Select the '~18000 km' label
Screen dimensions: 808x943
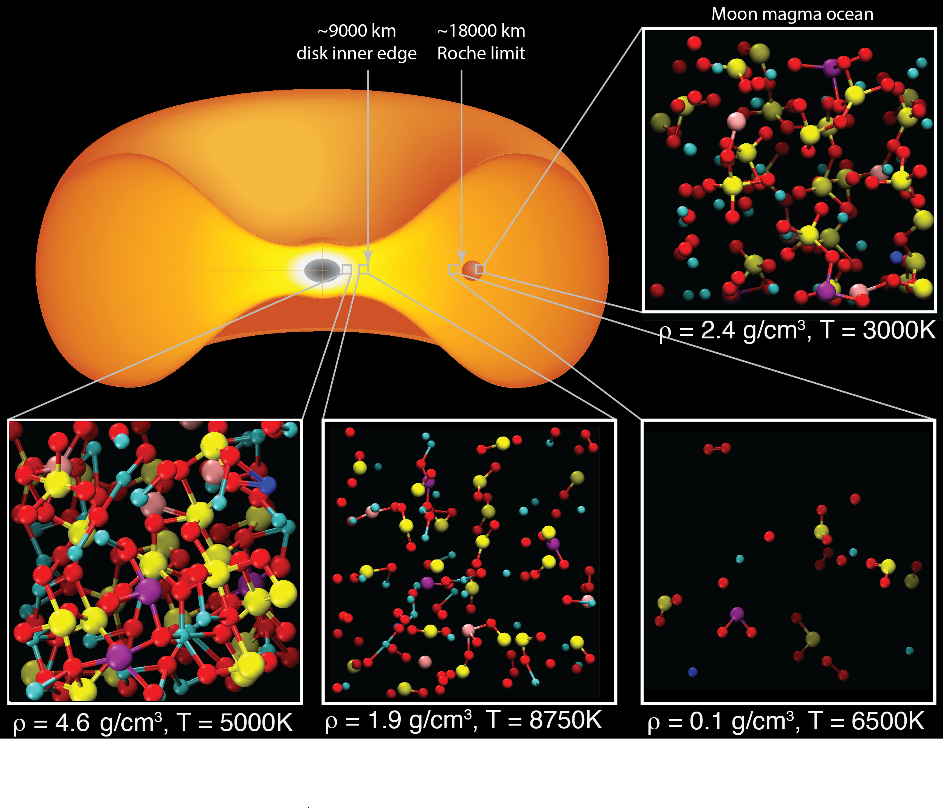[x=481, y=31]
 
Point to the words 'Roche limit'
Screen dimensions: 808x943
[x=481, y=54]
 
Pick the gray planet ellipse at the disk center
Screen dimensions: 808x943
[x=322, y=270]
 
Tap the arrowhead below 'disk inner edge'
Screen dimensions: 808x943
[x=368, y=257]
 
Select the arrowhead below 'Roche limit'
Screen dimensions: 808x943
[x=462, y=257]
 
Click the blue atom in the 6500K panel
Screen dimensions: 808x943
[x=693, y=672]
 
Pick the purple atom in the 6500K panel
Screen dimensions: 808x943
[x=737, y=614]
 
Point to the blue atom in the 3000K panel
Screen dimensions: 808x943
[x=896, y=257]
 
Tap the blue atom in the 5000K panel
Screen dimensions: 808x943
[x=267, y=485]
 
